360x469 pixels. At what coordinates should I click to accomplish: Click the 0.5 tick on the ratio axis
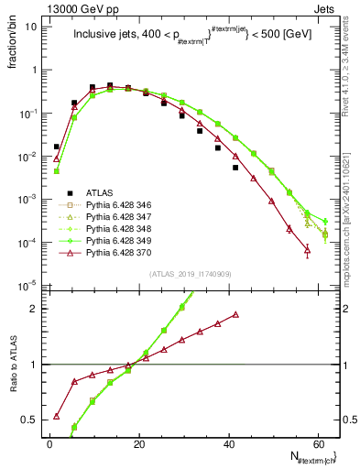(x=33, y=420)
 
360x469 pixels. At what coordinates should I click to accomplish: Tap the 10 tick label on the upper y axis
(x=34, y=27)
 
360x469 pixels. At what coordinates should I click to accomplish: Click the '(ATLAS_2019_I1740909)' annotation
(x=191, y=273)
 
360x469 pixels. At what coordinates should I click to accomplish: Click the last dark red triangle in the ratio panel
(x=236, y=314)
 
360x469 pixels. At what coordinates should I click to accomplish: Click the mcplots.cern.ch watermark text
(x=350, y=220)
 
